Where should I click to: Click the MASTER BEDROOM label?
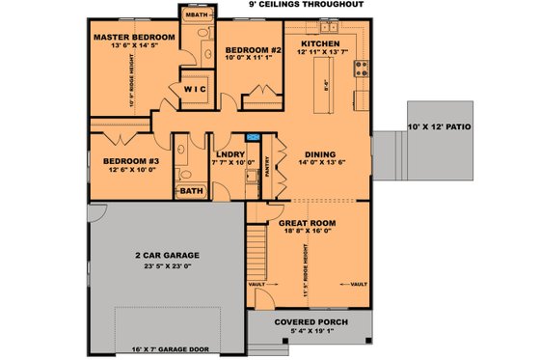[133, 38]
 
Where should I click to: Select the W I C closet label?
[195, 89]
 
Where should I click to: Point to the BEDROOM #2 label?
[253, 49]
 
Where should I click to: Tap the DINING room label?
[320, 153]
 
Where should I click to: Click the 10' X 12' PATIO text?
[441, 126]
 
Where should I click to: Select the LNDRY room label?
[229, 153]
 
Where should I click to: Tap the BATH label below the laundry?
[191, 191]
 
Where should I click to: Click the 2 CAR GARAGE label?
[166, 256]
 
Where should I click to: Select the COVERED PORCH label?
[310, 321]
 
